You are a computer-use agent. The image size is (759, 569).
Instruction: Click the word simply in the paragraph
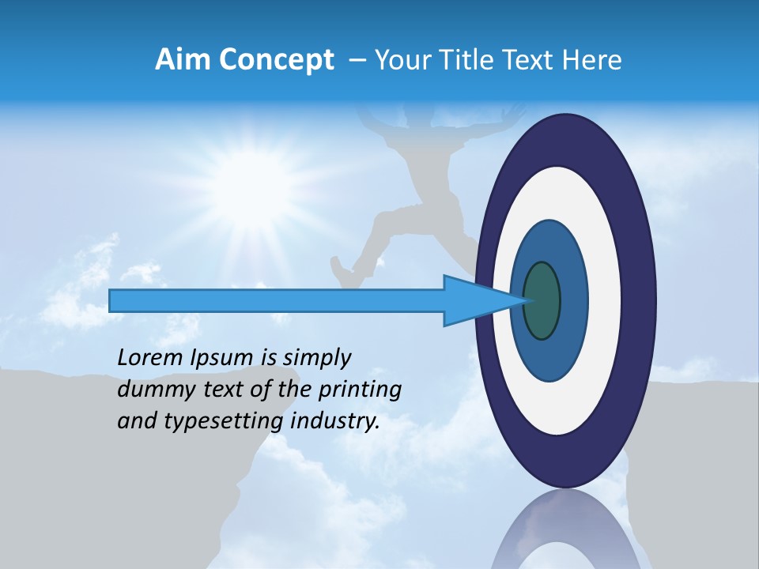(316, 358)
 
